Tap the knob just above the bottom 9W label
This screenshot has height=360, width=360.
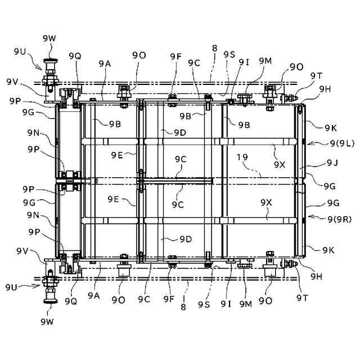click(49, 299)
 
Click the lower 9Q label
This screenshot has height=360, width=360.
click(71, 300)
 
